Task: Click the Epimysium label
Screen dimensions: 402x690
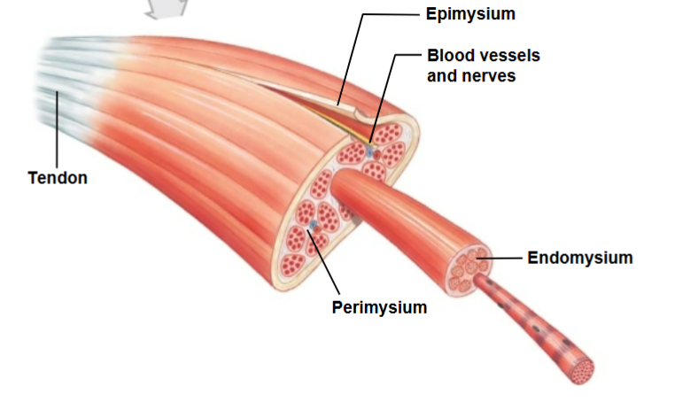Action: click(470, 14)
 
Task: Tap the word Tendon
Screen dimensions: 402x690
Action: click(58, 178)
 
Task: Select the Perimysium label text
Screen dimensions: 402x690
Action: click(379, 308)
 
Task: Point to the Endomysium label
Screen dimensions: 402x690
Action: click(580, 258)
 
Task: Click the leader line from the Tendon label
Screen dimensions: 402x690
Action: click(57, 133)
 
